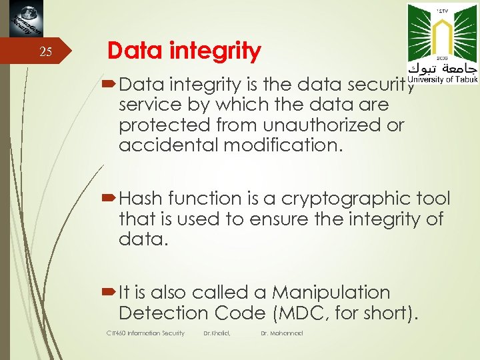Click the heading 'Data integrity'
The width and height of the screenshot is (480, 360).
click(x=184, y=51)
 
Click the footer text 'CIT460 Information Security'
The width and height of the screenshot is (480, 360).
click(x=145, y=333)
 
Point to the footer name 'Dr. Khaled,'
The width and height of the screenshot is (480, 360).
click(x=217, y=333)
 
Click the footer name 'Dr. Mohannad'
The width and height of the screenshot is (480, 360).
click(x=282, y=333)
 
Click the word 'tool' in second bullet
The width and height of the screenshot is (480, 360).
click(x=434, y=199)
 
